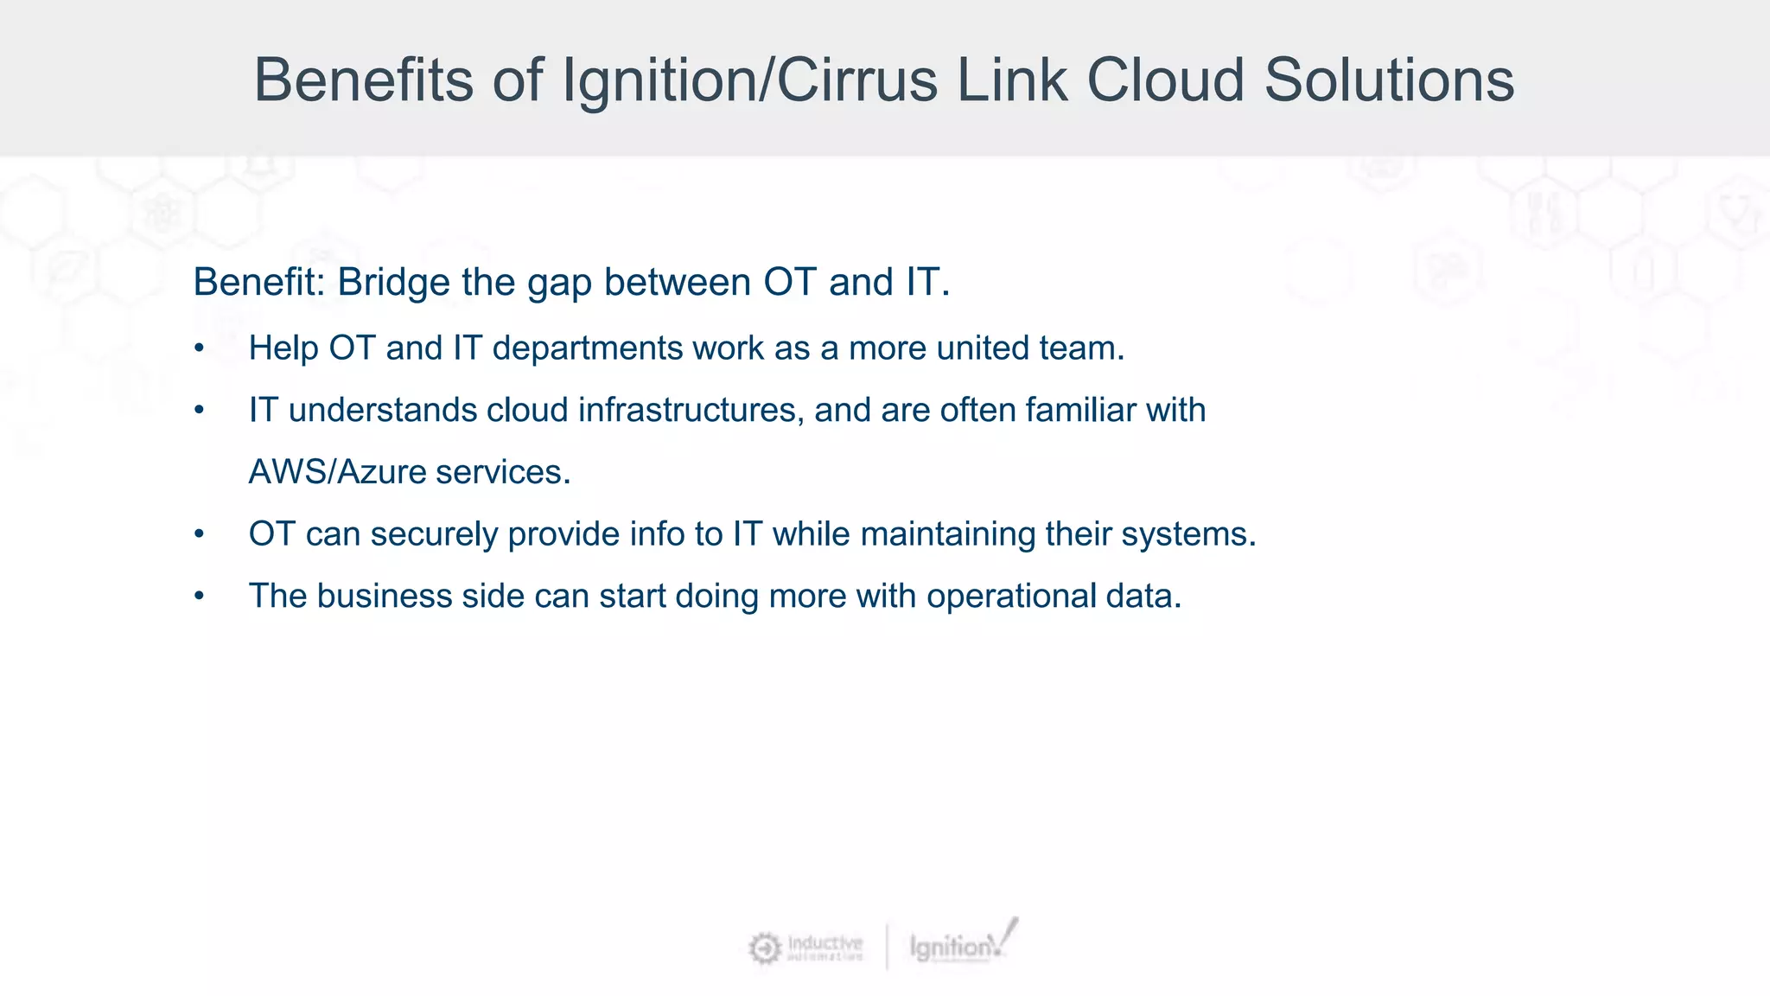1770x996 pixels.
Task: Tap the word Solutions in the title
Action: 1389,80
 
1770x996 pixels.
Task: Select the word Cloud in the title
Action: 1165,80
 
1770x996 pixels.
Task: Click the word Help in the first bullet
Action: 283,348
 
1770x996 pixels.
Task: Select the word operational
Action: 1011,597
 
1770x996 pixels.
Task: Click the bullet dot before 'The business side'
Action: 200,597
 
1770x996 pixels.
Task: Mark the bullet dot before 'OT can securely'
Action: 200,534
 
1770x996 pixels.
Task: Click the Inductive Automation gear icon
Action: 764,948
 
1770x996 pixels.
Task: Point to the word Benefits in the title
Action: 363,80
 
